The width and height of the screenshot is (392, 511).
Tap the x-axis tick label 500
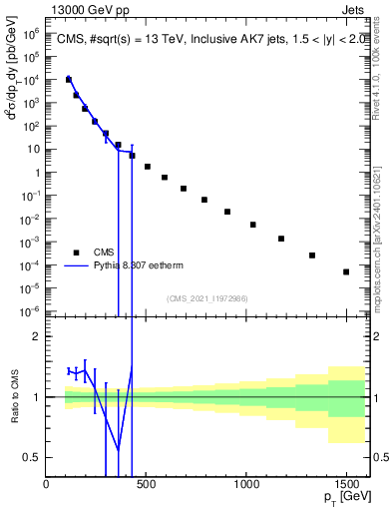[x=146, y=486]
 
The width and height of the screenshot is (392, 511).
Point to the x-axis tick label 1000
[x=246, y=486]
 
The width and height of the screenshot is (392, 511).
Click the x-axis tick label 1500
[x=346, y=486]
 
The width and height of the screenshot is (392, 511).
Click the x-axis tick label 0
[x=47, y=486]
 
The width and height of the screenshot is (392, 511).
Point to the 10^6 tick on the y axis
[x=32, y=33]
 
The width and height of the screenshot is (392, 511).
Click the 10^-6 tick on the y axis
[x=32, y=311]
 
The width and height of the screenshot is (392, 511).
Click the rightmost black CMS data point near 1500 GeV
[x=346, y=271]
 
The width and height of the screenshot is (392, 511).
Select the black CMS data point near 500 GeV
[x=148, y=167]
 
